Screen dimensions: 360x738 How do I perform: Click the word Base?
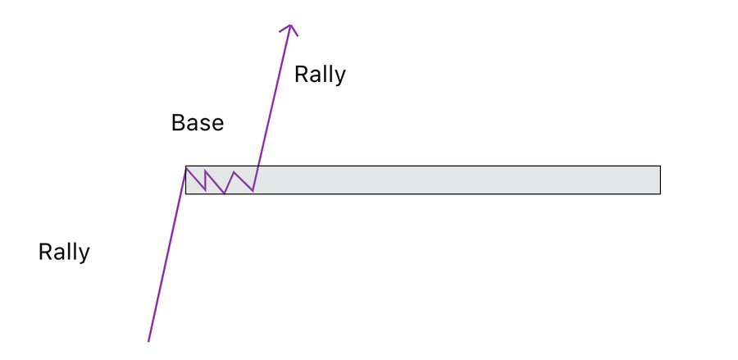click(197, 124)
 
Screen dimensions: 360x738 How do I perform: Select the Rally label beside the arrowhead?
click(320, 75)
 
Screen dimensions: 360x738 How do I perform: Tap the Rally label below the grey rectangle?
click(64, 252)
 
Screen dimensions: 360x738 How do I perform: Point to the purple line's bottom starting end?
click(148, 340)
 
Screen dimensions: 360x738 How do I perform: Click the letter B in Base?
click(177, 124)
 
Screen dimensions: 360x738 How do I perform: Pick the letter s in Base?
click(205, 125)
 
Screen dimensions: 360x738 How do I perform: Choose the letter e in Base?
click(217, 125)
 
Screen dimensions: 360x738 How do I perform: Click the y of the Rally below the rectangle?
click(84, 254)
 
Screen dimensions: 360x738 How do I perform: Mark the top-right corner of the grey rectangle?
click(660, 166)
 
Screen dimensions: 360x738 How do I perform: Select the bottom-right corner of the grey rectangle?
click(660, 194)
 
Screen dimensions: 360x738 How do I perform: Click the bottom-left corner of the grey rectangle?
click(186, 194)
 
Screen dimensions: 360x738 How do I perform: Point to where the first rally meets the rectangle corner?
click(186, 166)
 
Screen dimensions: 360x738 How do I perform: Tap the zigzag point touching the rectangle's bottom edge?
click(225, 194)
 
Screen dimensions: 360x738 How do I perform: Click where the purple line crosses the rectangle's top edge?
click(258, 166)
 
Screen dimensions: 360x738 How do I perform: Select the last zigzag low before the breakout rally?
click(253, 191)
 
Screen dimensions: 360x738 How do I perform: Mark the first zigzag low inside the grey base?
click(205, 189)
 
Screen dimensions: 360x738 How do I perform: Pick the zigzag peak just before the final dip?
click(235, 172)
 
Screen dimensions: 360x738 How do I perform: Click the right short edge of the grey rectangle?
click(660, 180)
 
